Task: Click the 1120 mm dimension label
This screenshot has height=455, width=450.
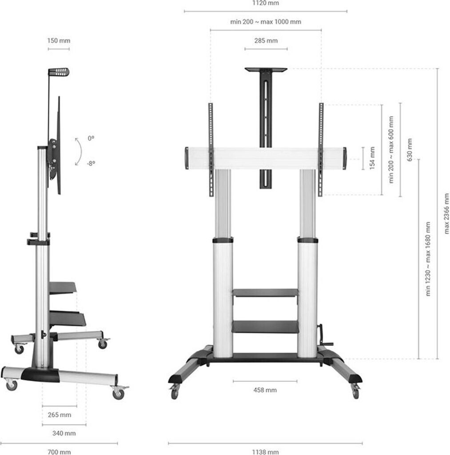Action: [x=266, y=3]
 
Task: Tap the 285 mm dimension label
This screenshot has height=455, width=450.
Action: [x=266, y=40]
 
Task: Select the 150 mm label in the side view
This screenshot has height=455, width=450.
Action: [x=59, y=40]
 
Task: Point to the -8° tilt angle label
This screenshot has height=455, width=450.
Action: [x=91, y=163]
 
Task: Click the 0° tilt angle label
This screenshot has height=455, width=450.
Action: [x=91, y=139]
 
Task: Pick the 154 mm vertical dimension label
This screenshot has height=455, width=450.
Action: [x=372, y=158]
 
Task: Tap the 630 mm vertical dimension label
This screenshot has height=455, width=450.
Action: [x=409, y=150]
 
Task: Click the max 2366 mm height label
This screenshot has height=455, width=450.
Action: [x=446, y=212]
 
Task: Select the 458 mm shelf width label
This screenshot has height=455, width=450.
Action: [x=265, y=390]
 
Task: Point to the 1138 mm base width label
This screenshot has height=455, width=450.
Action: [x=265, y=452]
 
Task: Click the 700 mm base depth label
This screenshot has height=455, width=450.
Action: [x=59, y=452]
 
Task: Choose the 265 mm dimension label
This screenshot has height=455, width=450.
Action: [x=60, y=415]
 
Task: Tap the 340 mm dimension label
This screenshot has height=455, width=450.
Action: [x=64, y=433]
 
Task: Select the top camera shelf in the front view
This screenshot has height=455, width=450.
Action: [x=266, y=70]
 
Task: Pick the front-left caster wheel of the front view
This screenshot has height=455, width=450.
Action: [x=174, y=392]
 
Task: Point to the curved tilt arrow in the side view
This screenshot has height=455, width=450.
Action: [x=78, y=151]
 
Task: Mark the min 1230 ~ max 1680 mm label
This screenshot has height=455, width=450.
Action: [x=428, y=259]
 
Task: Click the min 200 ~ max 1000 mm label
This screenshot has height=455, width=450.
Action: [x=266, y=22]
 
